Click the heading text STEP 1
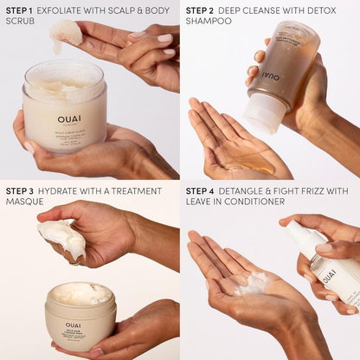coord(19,10)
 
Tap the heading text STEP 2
coord(199,10)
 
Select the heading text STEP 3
coord(19,190)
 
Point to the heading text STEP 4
coord(199,190)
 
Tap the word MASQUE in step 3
coord(23,202)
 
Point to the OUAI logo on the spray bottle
coord(329,276)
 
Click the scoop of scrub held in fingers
coord(67,32)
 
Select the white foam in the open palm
coord(256,282)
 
